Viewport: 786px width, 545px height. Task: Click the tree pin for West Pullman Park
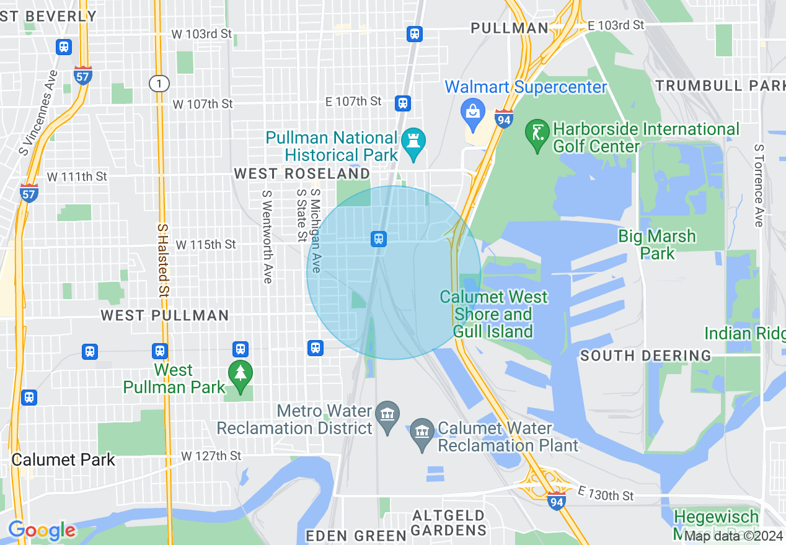click(240, 374)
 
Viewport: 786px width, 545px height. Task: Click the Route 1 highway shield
click(159, 82)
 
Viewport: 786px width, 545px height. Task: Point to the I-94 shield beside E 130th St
click(556, 500)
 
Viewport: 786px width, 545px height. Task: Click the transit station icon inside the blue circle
click(379, 238)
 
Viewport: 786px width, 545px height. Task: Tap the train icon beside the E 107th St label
click(404, 103)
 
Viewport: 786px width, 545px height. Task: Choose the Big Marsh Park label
click(656, 245)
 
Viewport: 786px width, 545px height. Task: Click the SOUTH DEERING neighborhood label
click(645, 355)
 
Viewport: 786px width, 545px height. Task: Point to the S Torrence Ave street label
click(758, 186)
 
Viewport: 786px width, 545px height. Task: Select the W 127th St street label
click(211, 456)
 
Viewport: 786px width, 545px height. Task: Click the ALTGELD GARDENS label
click(448, 523)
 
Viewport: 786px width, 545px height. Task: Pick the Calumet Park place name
click(63, 460)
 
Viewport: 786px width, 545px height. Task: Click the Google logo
click(42, 530)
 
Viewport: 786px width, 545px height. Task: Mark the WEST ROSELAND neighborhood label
click(302, 174)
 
